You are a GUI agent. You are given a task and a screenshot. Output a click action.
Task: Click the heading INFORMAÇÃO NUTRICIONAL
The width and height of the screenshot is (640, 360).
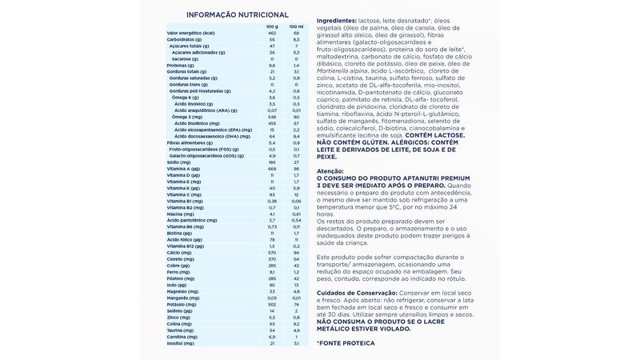click(x=237, y=15)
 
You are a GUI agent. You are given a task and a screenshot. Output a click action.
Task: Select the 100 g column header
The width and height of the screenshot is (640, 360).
click(x=271, y=26)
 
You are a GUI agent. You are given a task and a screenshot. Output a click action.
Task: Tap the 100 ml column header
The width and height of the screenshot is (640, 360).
click(x=296, y=26)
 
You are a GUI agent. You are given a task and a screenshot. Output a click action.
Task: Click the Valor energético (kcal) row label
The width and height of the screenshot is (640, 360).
click(x=192, y=32)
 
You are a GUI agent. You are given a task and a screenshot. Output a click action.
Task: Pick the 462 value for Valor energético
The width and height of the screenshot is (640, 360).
click(x=271, y=32)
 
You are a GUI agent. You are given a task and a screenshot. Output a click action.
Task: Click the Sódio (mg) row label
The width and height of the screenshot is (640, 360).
click(x=179, y=162)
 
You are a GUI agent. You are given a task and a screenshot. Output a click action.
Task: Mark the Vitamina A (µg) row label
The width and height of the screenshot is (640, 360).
click(x=186, y=168)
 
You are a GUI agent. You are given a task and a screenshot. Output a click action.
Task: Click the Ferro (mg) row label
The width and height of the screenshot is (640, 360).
click(x=179, y=271)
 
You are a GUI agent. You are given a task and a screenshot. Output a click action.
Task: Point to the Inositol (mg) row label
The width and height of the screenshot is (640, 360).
click(x=182, y=342)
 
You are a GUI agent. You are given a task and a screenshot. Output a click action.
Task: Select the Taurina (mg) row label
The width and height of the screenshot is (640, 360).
click(x=182, y=329)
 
